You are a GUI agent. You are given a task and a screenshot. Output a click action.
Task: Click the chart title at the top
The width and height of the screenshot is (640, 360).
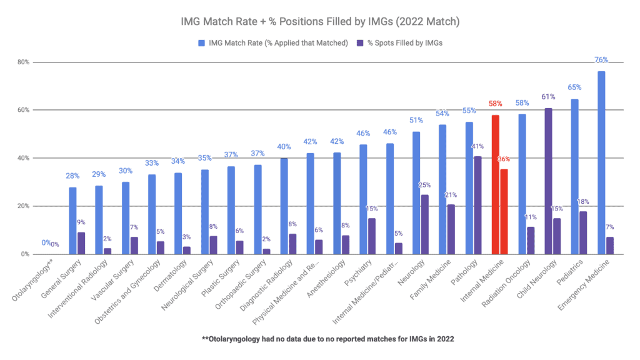(320, 21)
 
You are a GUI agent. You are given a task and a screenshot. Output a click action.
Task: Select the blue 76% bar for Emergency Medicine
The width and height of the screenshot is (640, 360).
(601, 162)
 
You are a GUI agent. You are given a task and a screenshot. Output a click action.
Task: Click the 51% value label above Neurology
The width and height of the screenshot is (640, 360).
(416, 121)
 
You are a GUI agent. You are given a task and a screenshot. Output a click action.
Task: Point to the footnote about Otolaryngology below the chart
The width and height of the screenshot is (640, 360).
(320, 339)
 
